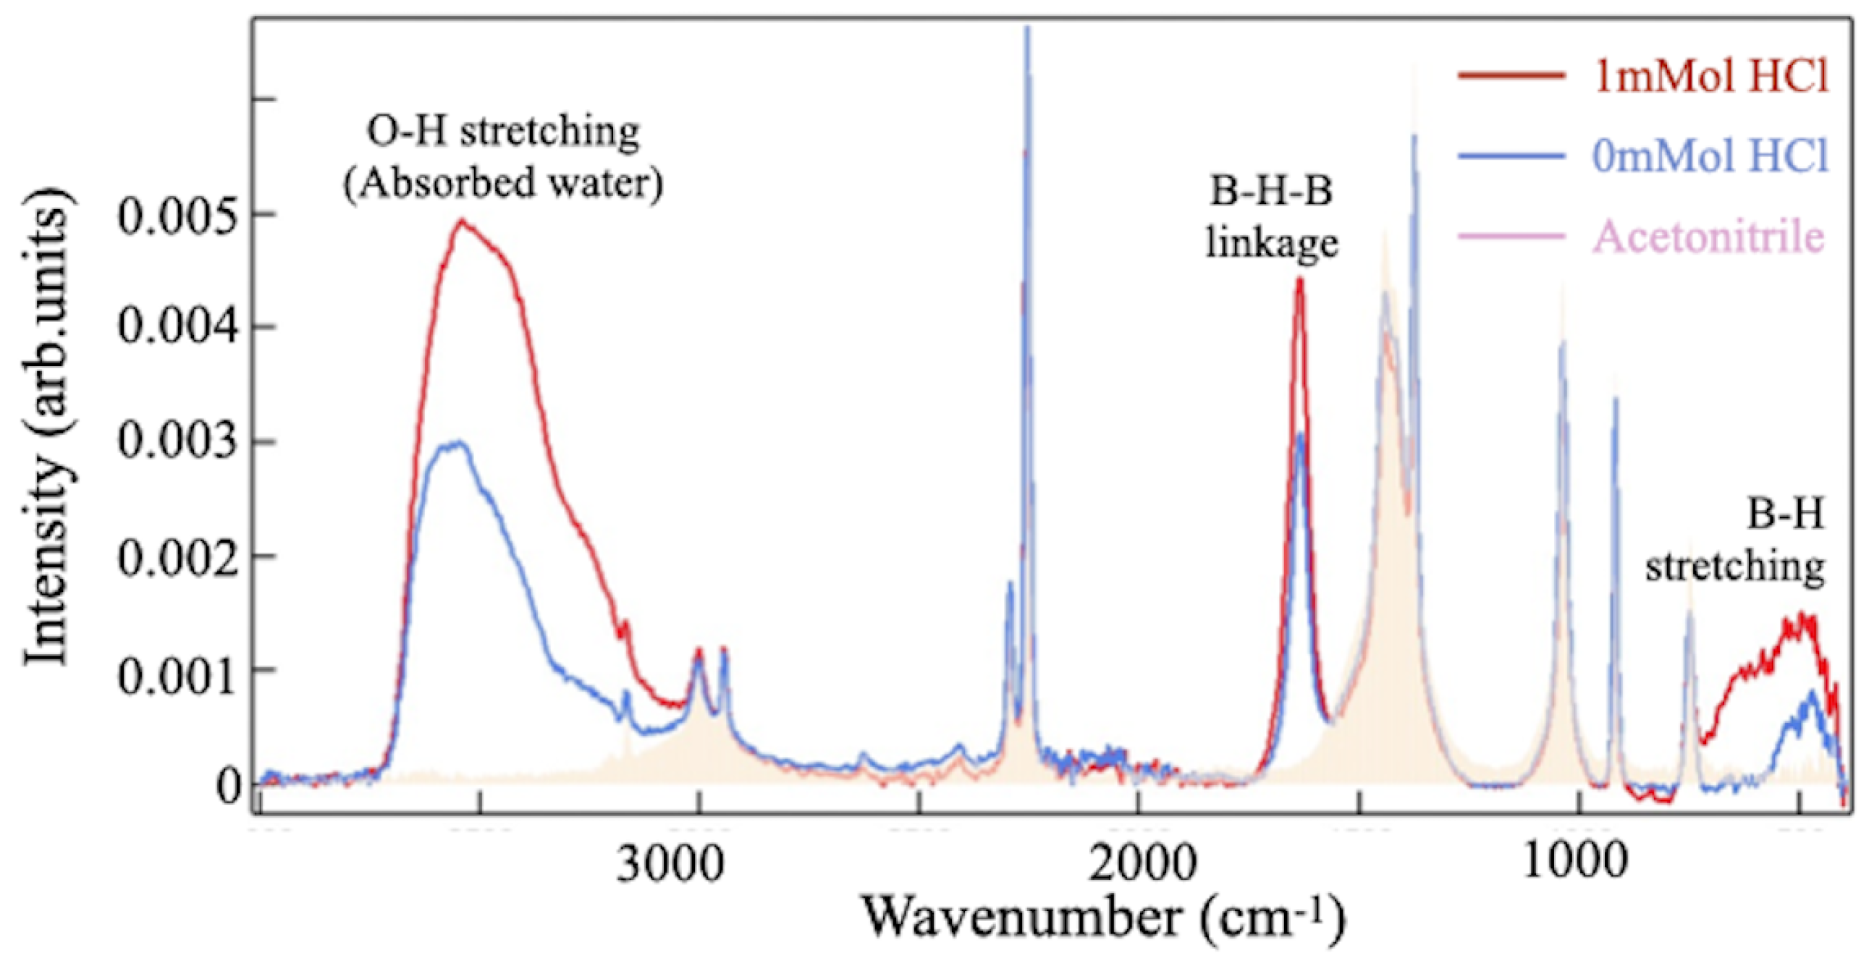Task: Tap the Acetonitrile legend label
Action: pyautogui.click(x=1708, y=237)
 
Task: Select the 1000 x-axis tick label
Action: pyautogui.click(x=1574, y=863)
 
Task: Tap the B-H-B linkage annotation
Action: pyautogui.click(x=1272, y=217)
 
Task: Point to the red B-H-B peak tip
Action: pyautogui.click(x=1299, y=279)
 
